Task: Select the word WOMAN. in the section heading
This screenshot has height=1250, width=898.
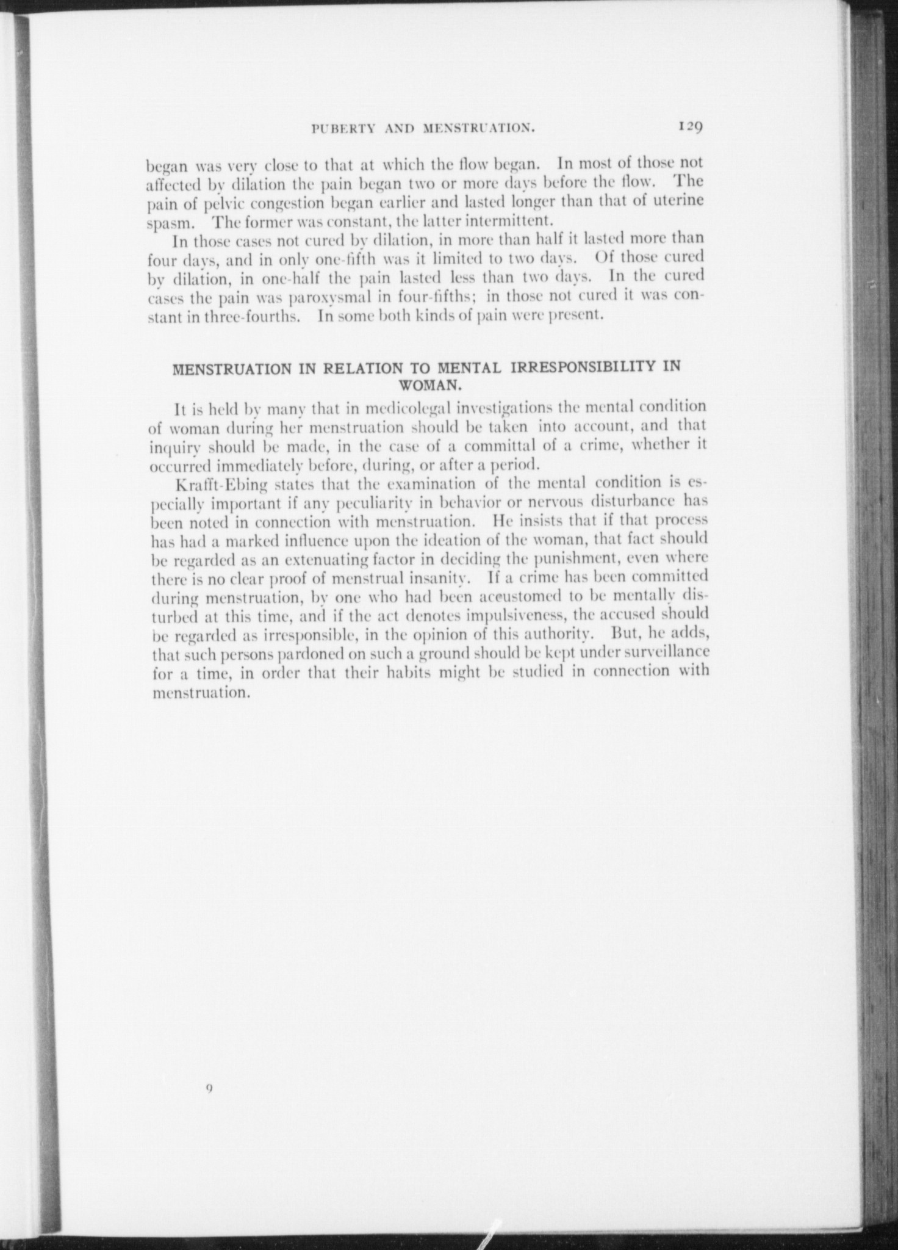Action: (x=428, y=385)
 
